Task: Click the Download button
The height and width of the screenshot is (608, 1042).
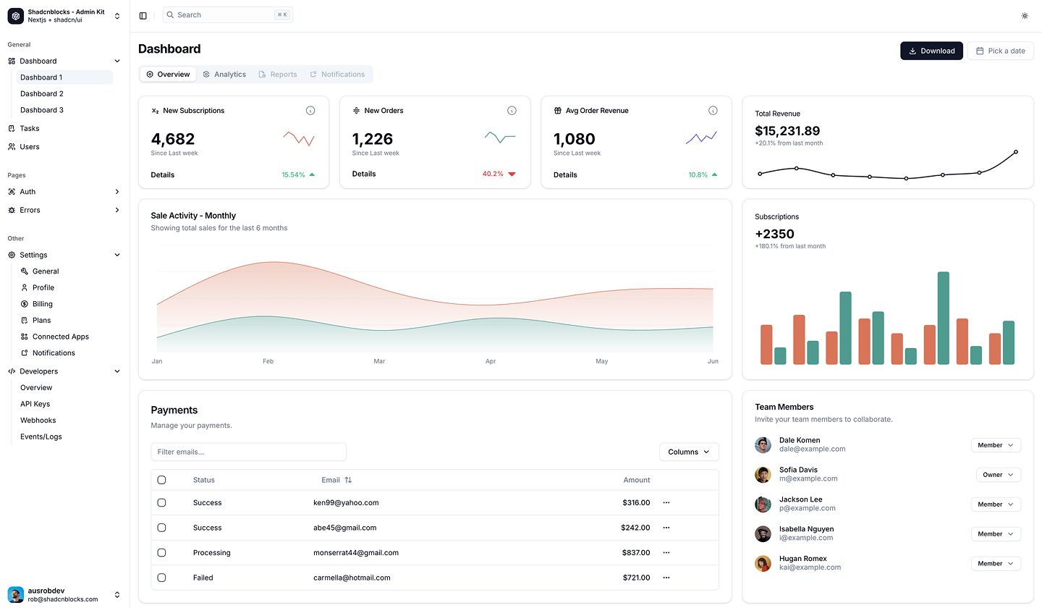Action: coord(931,51)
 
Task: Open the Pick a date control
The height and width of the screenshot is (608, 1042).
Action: coord(1000,51)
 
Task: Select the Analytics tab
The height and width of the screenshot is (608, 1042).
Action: coord(224,75)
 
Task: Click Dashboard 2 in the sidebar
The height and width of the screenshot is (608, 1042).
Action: coord(42,94)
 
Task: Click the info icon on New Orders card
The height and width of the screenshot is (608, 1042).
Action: coord(512,111)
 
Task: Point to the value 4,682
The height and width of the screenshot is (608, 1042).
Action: coord(173,139)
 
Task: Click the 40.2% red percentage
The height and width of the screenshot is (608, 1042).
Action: coord(493,174)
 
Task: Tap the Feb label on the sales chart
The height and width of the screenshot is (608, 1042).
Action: coord(268,361)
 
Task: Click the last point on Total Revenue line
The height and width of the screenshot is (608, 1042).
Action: coord(1016,152)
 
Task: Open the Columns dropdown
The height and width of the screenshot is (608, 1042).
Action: coord(689,452)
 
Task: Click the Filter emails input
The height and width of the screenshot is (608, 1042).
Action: coord(248,452)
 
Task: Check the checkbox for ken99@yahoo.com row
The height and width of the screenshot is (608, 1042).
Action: coord(161,502)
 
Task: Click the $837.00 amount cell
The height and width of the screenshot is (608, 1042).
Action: coord(635,553)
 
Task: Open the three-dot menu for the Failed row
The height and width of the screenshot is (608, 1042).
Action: coord(666,578)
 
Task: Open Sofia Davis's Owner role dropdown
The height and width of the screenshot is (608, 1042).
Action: coord(999,475)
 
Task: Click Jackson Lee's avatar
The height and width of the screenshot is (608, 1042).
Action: coord(763,504)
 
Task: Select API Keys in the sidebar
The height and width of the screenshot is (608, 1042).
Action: coord(35,404)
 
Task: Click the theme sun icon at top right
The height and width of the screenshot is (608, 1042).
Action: coord(1025,15)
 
